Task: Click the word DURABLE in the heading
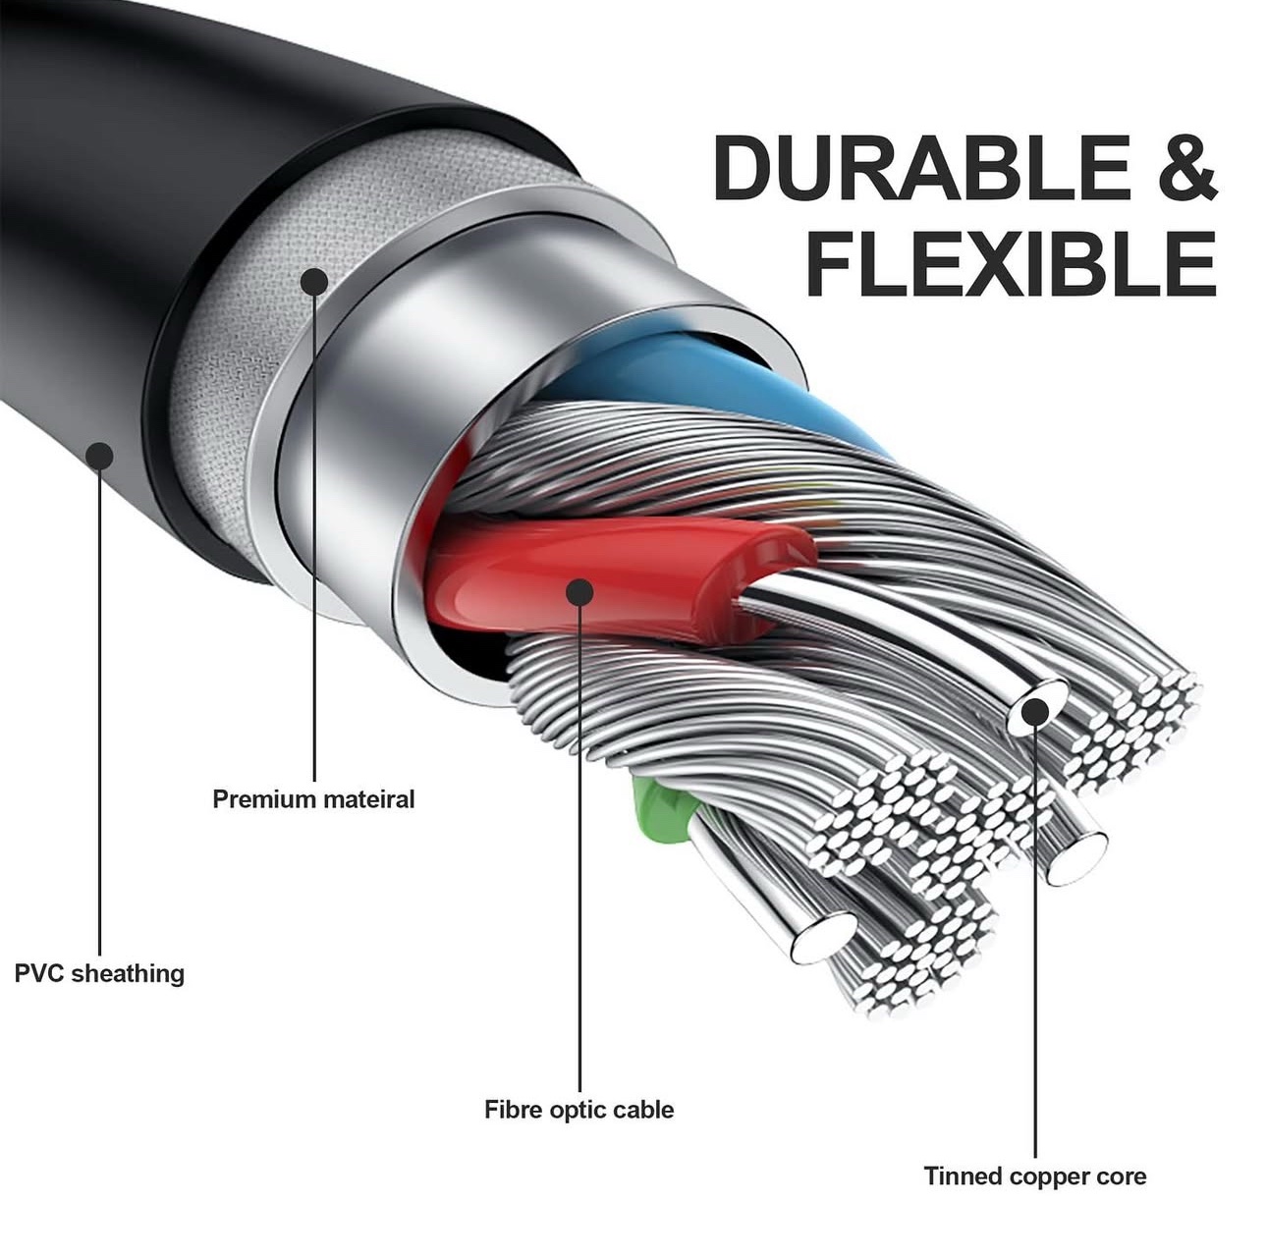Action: pos(921,167)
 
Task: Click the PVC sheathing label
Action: pos(99,973)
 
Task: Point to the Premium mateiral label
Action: pos(313,798)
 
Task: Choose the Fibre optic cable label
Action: pos(578,1110)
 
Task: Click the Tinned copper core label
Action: pos(1034,1175)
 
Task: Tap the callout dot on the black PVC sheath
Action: pos(99,455)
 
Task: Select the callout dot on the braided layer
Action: pos(313,282)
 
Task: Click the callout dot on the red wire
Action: pos(579,591)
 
